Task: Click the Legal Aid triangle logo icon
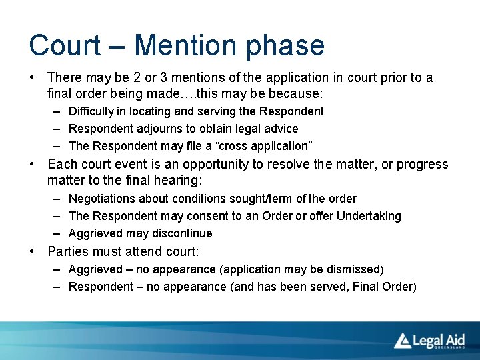pos(402,340)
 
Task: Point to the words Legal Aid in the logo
pos(438,339)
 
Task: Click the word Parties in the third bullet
pos(67,252)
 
